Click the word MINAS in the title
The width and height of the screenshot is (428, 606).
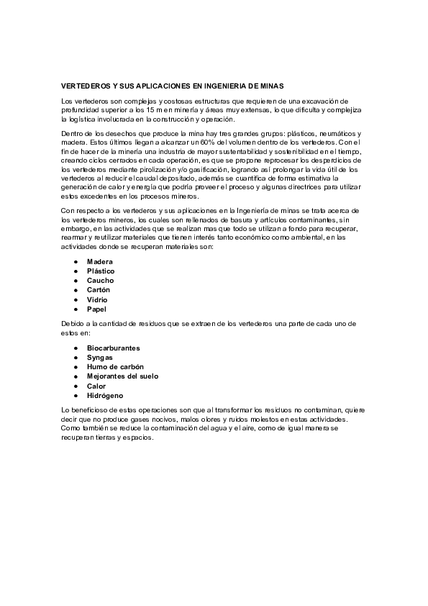click(x=273, y=85)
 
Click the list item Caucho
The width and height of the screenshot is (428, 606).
click(x=100, y=280)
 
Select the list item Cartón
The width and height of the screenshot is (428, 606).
click(x=99, y=289)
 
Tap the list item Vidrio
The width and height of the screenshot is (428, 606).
click(x=98, y=299)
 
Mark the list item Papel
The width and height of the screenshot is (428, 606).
click(x=96, y=309)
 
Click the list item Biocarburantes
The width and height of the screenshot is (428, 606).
click(x=114, y=348)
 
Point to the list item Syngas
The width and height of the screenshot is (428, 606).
click(x=99, y=357)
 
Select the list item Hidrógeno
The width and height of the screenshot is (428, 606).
click(x=105, y=396)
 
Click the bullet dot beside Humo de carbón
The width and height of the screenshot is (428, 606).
click(x=76, y=367)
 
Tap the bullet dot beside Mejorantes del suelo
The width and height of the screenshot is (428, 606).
click(x=76, y=376)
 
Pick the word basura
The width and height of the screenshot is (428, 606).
click(x=247, y=219)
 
